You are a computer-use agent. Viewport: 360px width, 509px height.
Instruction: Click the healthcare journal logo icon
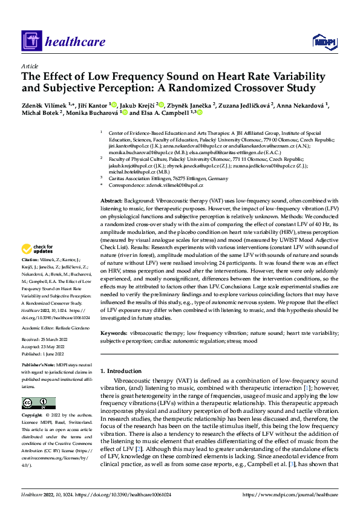pos(31,41)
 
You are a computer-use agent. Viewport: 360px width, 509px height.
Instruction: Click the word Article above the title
pos(30,66)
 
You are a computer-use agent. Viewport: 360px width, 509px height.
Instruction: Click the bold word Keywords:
pos(113,333)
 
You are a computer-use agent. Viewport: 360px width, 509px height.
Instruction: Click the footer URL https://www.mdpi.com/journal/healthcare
pos(290,494)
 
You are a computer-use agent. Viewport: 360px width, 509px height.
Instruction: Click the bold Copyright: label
pos(34,416)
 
